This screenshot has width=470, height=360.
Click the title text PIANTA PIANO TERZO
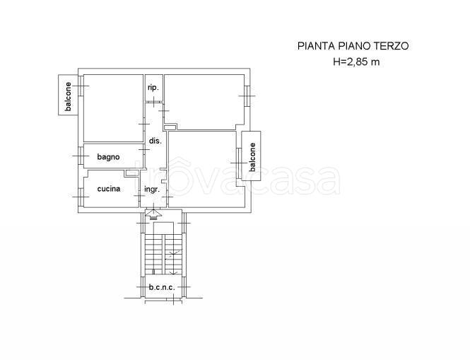pyautogui.click(x=353, y=46)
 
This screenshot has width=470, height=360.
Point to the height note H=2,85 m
pyautogui.click(x=356, y=62)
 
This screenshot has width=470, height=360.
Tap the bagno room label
pyautogui.click(x=109, y=157)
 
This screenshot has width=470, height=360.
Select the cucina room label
pyautogui.click(x=109, y=189)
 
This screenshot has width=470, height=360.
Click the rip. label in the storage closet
pyautogui.click(x=153, y=88)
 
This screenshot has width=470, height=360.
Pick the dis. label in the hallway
pyautogui.click(x=155, y=141)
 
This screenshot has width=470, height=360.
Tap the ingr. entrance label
pyautogui.click(x=152, y=190)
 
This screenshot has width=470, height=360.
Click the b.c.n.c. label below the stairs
pyautogui.click(x=162, y=287)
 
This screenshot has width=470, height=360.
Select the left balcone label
pyautogui.click(x=69, y=96)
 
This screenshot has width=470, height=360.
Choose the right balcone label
pyautogui.click(x=253, y=157)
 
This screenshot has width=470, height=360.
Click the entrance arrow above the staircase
pyautogui.click(x=153, y=214)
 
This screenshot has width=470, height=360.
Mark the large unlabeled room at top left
pyautogui.click(x=113, y=108)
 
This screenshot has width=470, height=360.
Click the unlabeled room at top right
pyautogui.click(x=204, y=102)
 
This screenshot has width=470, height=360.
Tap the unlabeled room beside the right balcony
pyautogui.click(x=207, y=169)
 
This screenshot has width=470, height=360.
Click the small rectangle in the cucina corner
pyautogui.click(x=131, y=173)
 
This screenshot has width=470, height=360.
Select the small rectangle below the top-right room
pyautogui.click(x=170, y=127)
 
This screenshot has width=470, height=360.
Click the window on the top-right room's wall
pyautogui.click(x=247, y=96)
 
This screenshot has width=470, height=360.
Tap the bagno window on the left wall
pyautogui.click(x=81, y=156)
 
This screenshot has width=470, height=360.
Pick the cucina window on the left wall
pyautogui.click(x=81, y=197)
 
